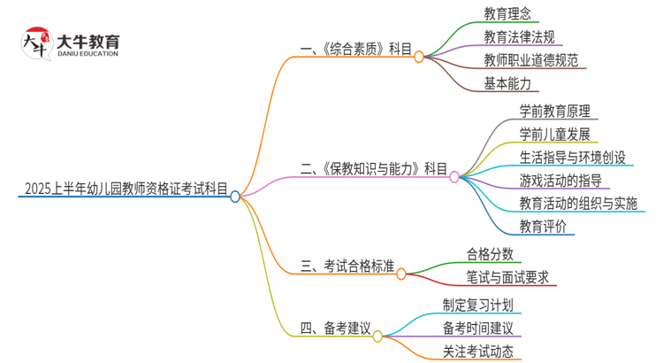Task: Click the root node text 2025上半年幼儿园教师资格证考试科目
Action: (126, 189)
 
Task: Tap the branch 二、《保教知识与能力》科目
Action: (374, 168)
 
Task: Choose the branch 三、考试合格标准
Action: (347, 265)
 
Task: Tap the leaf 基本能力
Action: (507, 84)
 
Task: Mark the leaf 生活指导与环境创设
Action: (573, 158)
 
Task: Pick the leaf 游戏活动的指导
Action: (560, 181)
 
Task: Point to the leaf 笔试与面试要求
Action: (507, 276)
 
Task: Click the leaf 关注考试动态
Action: (478, 352)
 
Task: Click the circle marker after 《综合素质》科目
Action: (419, 55)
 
